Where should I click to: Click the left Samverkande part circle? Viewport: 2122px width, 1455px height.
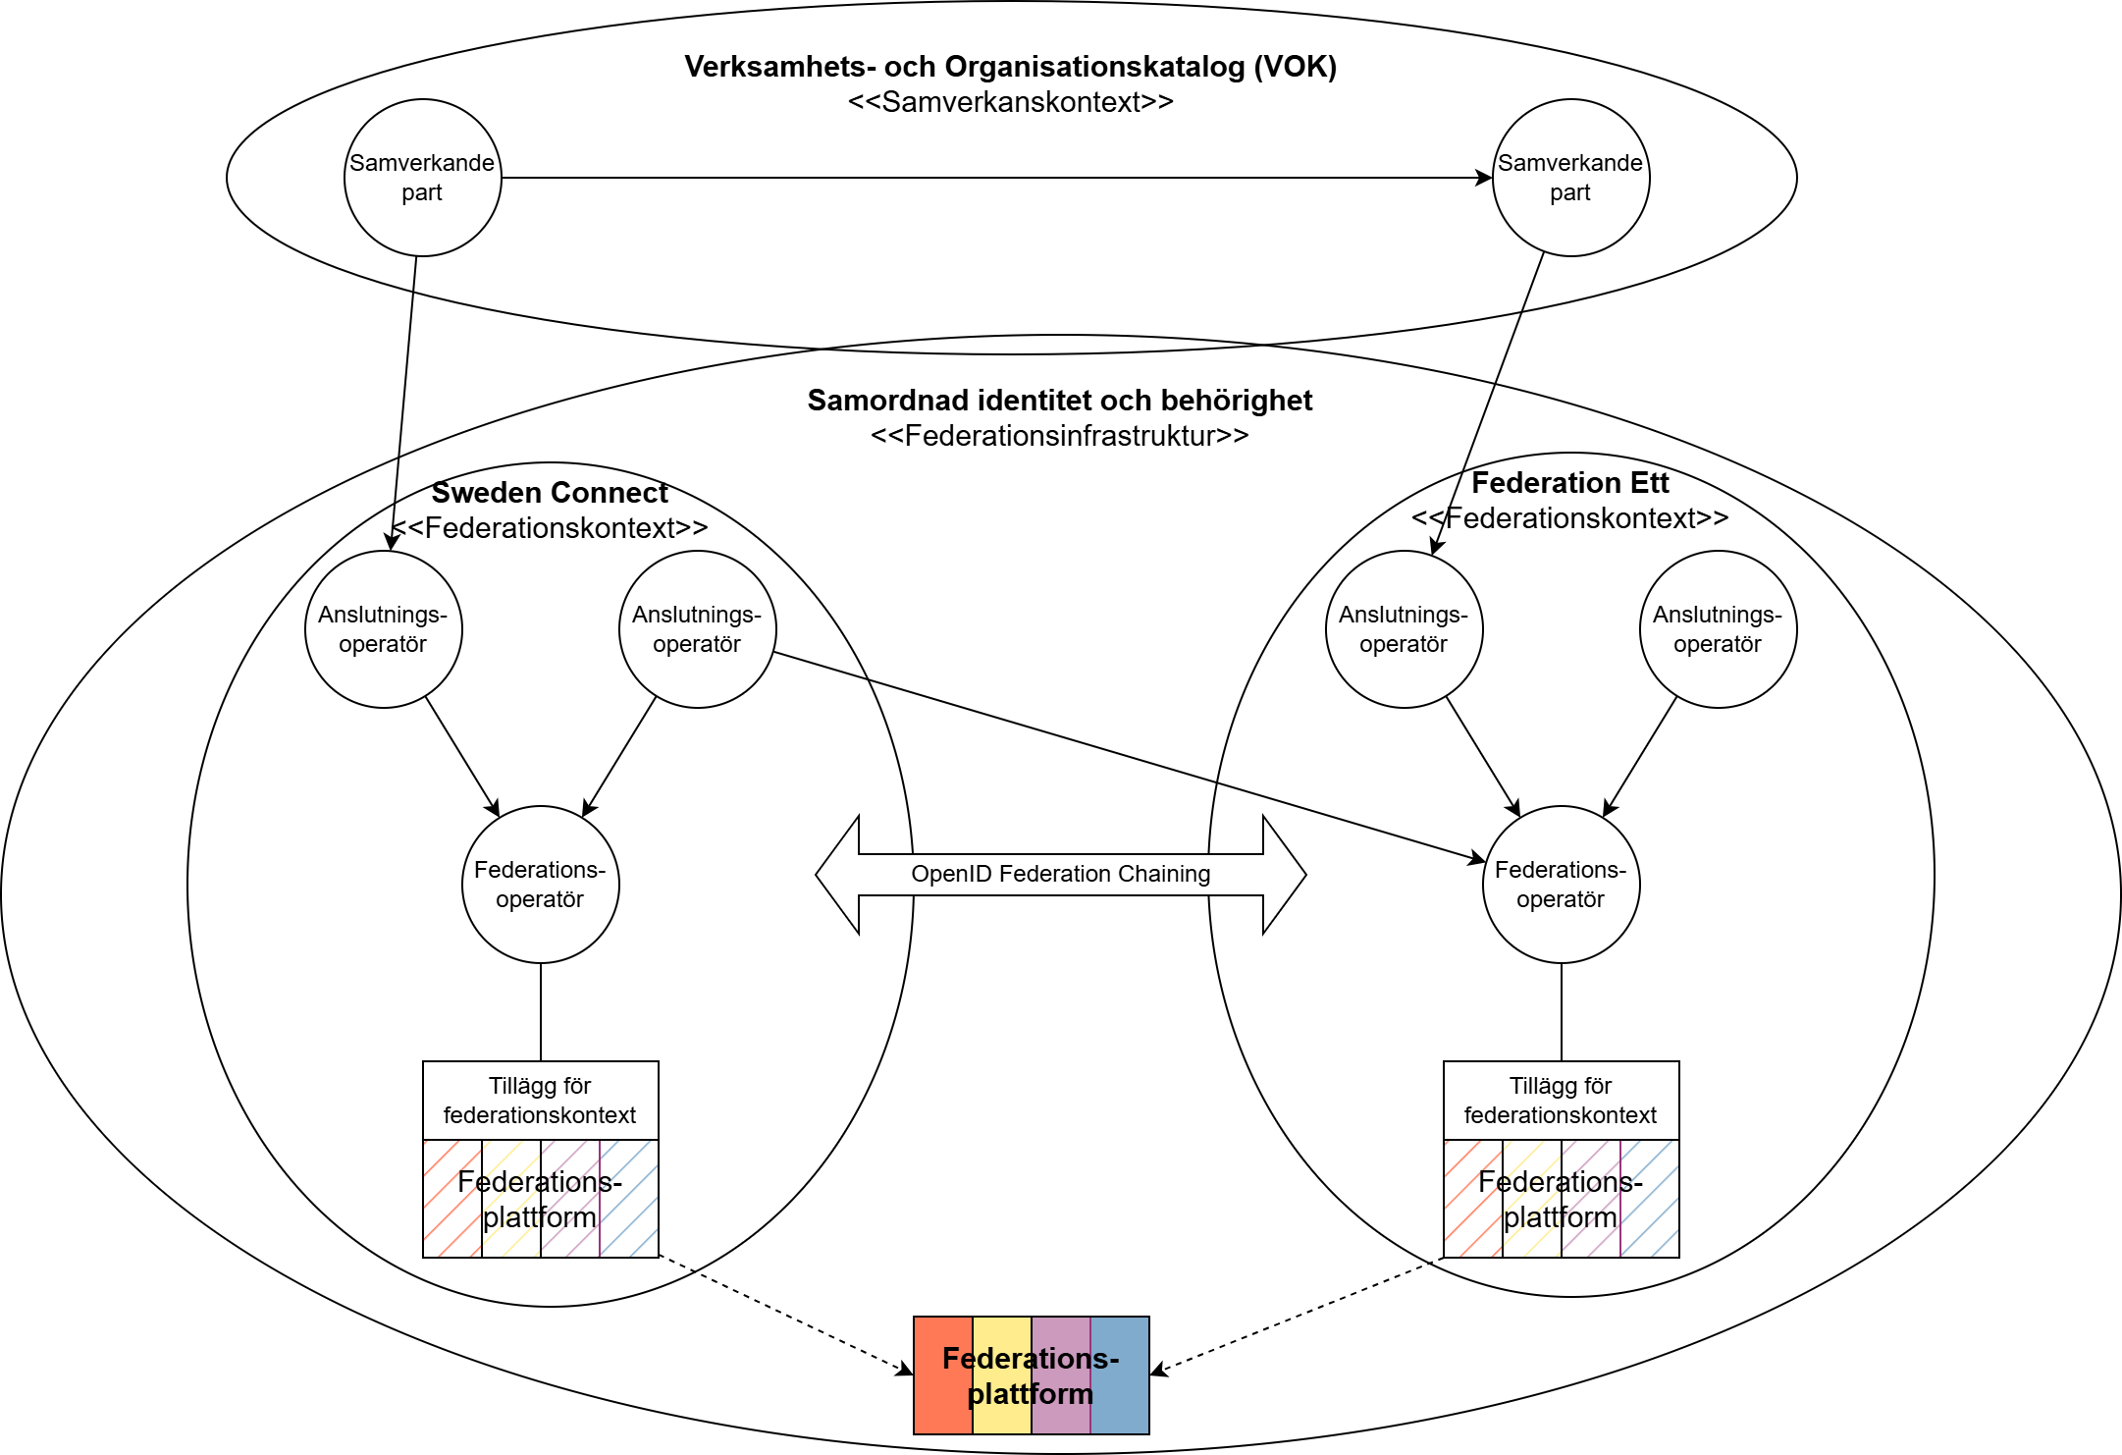tap(423, 178)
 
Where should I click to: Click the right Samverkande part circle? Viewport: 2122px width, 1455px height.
tap(1570, 178)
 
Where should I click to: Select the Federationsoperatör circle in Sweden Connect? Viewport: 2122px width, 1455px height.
tap(541, 885)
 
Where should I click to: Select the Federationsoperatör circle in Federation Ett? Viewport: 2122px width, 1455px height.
tap(1561, 885)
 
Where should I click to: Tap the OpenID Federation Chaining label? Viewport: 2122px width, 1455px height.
tap(1060, 874)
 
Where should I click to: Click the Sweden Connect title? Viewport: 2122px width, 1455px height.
tap(550, 493)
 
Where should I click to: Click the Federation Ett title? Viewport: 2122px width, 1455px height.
tap(1569, 483)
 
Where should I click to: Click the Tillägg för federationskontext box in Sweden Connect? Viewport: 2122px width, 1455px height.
tap(541, 1101)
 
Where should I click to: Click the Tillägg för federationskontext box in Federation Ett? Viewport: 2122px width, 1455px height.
tap(1561, 1101)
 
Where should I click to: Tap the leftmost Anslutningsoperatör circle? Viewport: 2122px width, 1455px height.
tap(384, 629)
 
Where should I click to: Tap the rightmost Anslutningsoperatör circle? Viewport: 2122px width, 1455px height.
tap(1718, 629)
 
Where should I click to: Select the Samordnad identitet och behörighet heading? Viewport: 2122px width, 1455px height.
tap(1060, 401)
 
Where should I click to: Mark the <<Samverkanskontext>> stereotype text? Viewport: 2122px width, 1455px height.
tap(1011, 102)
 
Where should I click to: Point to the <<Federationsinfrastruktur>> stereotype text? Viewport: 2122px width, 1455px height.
tap(1060, 436)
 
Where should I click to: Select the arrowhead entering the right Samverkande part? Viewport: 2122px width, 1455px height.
tap(1485, 178)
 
